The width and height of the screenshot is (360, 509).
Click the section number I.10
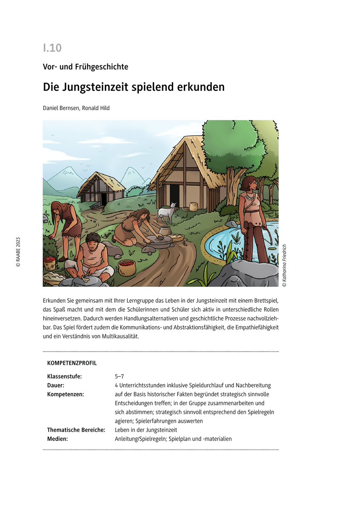pos(52,48)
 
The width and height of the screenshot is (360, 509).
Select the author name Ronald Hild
pos(96,108)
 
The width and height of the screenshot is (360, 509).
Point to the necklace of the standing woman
pos(247,197)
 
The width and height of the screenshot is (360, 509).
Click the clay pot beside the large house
pos(194,207)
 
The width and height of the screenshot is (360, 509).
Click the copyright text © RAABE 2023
pos(18,252)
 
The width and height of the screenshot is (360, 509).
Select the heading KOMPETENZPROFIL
pos(72,363)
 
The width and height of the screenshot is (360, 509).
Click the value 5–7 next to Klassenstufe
pos(119,376)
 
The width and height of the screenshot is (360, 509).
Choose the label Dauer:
pos(56,385)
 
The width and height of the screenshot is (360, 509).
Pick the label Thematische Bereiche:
pos(76,430)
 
